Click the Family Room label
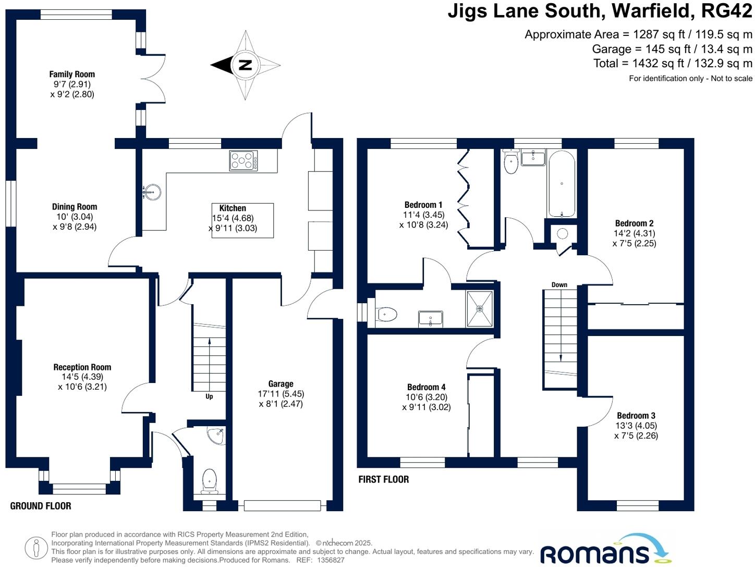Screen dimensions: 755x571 pyautogui.click(x=72, y=75)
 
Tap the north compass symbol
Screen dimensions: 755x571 pyautogui.click(x=245, y=65)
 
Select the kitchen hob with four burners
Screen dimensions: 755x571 pyautogui.click(x=243, y=160)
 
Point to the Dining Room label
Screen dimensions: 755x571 pyautogui.click(x=75, y=207)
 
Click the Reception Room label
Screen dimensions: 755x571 pyautogui.click(x=82, y=367)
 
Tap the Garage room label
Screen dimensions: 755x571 pyautogui.click(x=281, y=384)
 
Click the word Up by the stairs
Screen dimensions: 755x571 pyautogui.click(x=209, y=396)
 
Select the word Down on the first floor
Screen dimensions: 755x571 pyautogui.click(x=559, y=285)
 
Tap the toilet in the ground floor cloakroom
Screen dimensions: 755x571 pyautogui.click(x=209, y=480)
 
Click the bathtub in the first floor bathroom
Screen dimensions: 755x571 pyautogui.click(x=562, y=184)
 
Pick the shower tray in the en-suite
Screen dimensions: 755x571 pyautogui.click(x=479, y=309)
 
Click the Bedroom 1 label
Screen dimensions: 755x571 pyautogui.click(x=423, y=205)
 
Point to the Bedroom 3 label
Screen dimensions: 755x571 pyautogui.click(x=636, y=416)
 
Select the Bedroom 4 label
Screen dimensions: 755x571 pyautogui.click(x=427, y=387)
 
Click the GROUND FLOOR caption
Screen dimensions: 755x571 pyautogui.click(x=41, y=506)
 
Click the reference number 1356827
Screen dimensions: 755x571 pyautogui.click(x=328, y=560)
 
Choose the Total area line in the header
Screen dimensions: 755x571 pyautogui.click(x=673, y=64)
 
